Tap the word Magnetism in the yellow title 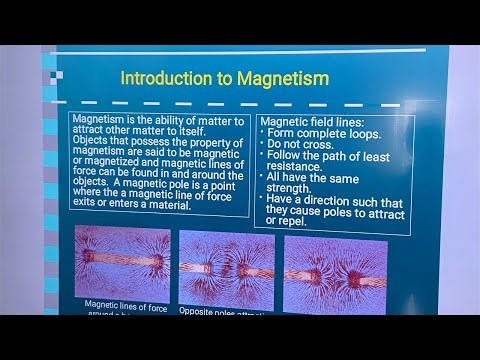click(283, 77)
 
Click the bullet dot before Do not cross click(261, 145)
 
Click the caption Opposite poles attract click(223, 310)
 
